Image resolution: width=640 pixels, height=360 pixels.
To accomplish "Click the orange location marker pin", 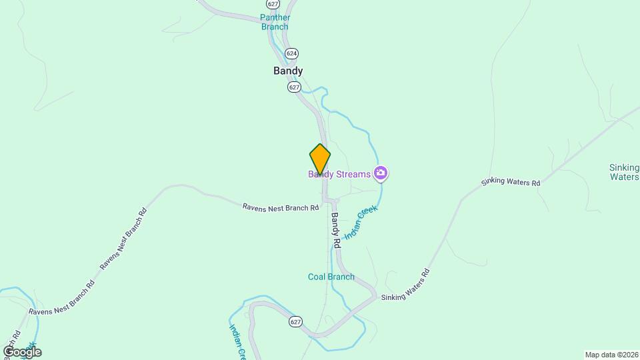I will (320, 159).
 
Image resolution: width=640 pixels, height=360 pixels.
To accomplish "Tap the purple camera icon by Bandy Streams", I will (381, 174).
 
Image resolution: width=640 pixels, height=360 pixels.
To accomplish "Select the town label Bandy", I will (288, 71).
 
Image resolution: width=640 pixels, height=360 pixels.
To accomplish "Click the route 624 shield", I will (291, 53).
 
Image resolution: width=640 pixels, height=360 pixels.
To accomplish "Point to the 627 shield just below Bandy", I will (295, 87).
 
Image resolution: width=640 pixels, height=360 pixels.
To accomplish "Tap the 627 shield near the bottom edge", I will (296, 321).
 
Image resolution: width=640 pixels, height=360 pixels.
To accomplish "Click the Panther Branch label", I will (275, 22).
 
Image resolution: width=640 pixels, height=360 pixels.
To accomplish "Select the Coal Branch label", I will (331, 277).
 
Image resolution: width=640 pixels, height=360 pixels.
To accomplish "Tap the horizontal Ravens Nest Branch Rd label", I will (281, 208).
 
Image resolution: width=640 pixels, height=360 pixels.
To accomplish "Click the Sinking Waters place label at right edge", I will (625, 172).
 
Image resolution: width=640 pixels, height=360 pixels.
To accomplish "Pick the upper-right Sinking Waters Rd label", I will (511, 182).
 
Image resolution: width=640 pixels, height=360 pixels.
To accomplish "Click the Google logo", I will (22, 351).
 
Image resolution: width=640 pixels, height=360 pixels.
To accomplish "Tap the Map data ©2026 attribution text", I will (611, 355).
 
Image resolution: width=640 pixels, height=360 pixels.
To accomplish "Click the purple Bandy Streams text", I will (339, 175).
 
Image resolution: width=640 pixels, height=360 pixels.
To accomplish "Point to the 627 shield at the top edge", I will (273, 3).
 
